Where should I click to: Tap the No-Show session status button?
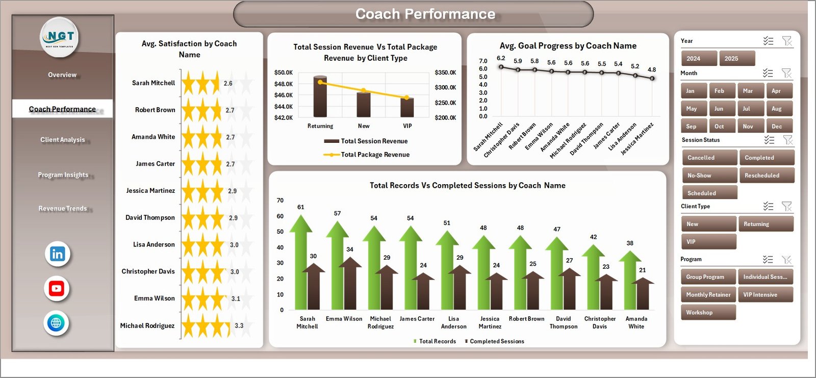tap(709, 175)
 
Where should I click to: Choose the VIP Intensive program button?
tap(765, 295)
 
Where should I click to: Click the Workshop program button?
tap(708, 313)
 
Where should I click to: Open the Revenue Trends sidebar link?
tap(62, 209)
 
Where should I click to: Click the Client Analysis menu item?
tap(62, 140)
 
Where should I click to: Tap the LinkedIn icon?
tap(57, 254)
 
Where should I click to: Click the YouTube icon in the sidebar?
tap(57, 289)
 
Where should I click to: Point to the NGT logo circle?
tap(60, 37)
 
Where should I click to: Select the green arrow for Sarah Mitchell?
tap(300, 265)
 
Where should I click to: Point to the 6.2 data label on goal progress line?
tap(501, 58)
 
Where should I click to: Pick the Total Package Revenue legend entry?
tap(374, 155)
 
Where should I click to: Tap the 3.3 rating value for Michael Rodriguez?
tap(239, 325)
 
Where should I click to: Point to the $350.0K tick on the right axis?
tap(445, 72)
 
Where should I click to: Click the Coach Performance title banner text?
tap(425, 14)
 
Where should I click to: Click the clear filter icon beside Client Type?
tap(787, 206)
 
